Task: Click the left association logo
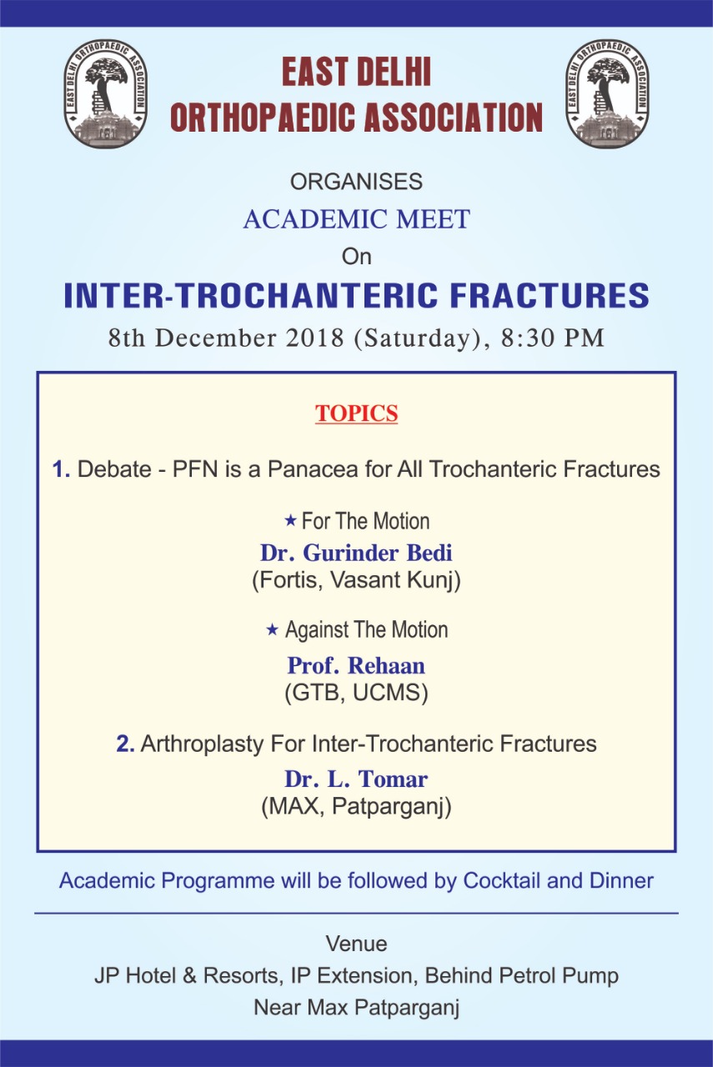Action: (106, 93)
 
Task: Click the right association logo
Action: (607, 93)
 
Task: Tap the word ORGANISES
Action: (357, 182)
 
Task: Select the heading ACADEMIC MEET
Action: (357, 219)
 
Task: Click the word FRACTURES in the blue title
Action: (550, 295)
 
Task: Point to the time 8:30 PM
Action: (553, 338)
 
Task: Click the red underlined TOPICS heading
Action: (357, 413)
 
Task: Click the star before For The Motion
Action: (290, 520)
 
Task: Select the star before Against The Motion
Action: (272, 629)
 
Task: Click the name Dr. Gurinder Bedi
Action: (357, 553)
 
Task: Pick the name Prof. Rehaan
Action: (357, 665)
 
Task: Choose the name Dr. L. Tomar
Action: (357, 779)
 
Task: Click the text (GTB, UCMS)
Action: (357, 693)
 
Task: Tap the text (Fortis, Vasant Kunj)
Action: (357, 581)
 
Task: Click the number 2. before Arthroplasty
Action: (125, 744)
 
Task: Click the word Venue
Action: (357, 944)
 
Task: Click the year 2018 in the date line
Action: (315, 338)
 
